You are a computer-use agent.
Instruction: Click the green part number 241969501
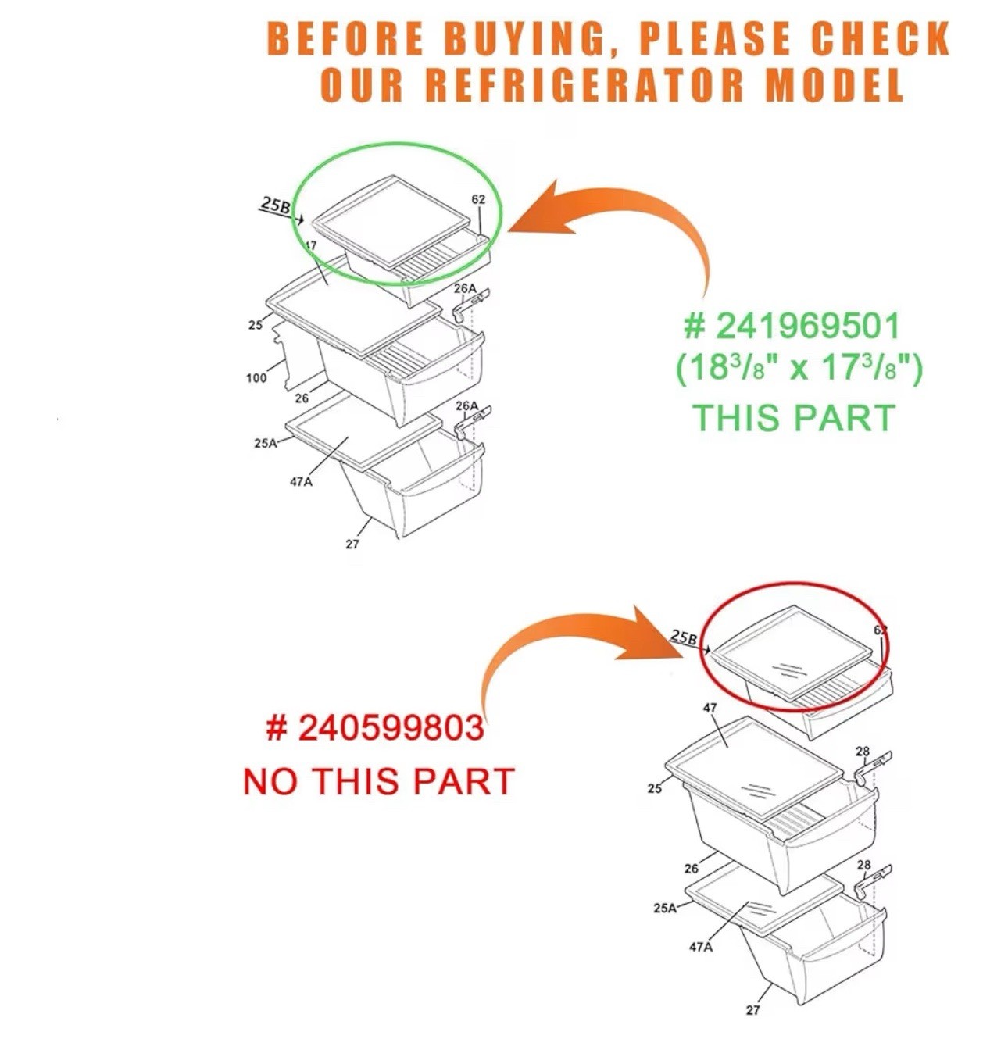[x=793, y=327]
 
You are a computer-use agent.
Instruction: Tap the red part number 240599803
[x=375, y=729]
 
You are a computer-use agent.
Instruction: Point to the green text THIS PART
[x=793, y=417]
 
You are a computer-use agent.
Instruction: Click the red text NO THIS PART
[x=378, y=781]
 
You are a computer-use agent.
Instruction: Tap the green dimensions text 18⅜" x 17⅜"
[x=799, y=367]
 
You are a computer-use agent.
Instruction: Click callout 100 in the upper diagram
[x=256, y=378]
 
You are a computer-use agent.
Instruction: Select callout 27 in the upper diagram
[x=352, y=544]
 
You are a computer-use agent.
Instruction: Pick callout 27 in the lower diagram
[x=752, y=1009]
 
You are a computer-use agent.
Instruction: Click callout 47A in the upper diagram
[x=301, y=482]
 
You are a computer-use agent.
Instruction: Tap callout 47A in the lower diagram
[x=701, y=947]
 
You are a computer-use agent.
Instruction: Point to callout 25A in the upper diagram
[x=266, y=443]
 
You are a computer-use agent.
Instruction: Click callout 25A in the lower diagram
[x=665, y=908]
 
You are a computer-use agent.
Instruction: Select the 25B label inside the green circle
[x=275, y=205]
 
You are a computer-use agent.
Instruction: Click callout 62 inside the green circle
[x=478, y=199]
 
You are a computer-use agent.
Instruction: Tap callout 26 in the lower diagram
[x=691, y=868]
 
